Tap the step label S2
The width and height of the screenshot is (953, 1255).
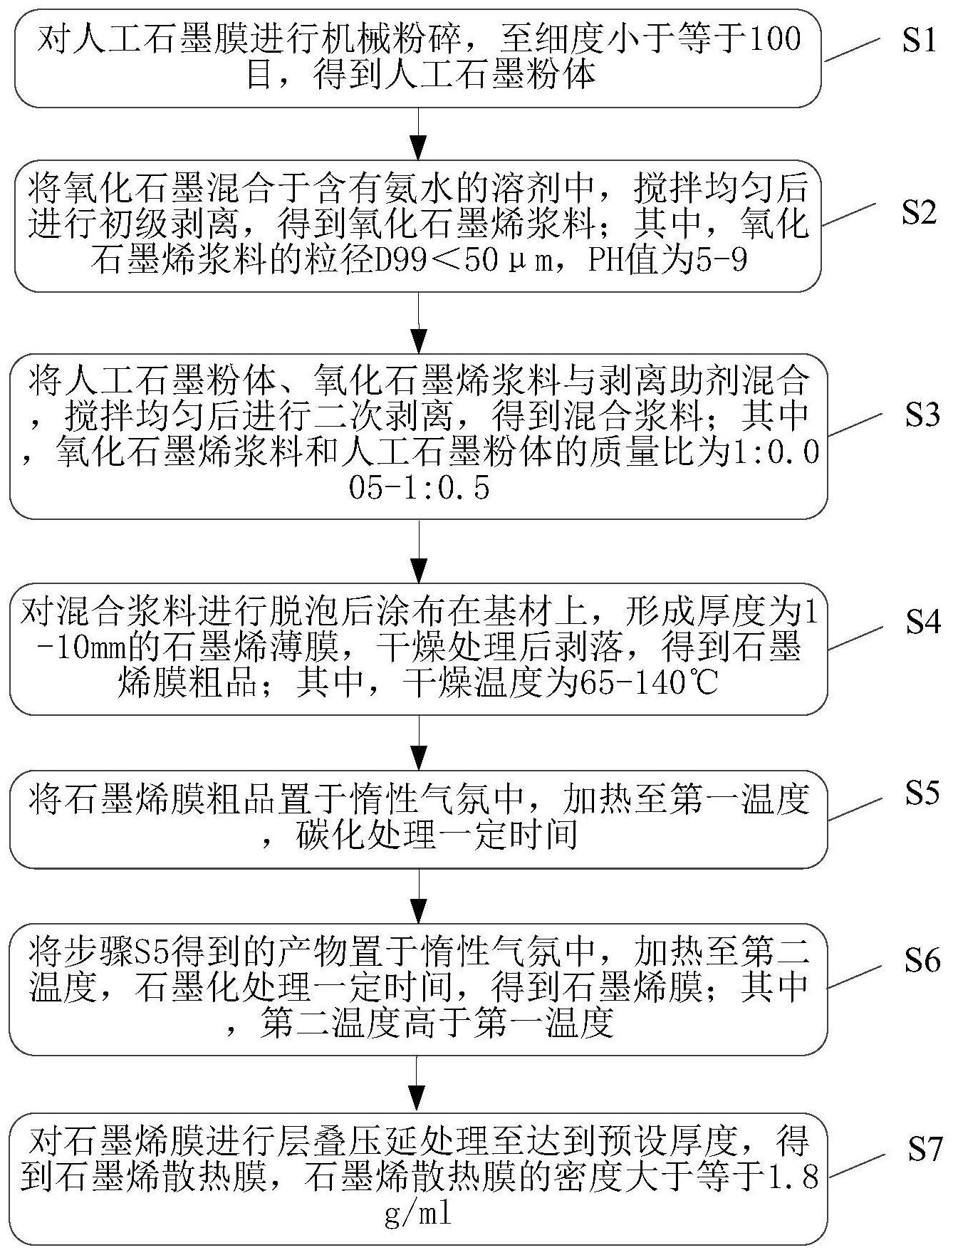point(919,212)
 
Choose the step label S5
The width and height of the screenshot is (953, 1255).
point(922,793)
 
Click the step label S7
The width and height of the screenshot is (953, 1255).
point(922,1150)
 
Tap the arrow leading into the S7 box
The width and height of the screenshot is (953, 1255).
point(420,1083)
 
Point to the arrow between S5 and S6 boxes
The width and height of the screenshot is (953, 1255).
point(420,896)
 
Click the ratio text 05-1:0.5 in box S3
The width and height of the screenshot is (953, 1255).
point(420,489)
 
